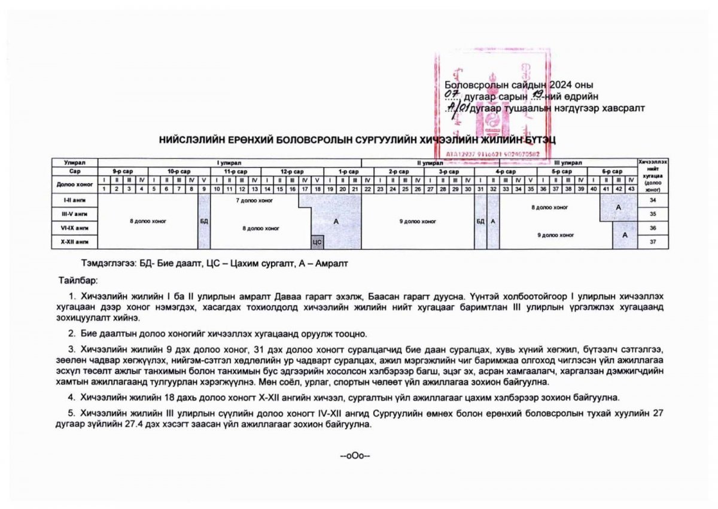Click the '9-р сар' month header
pyautogui.click(x=123, y=171)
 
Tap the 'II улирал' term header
pyautogui.click(x=425, y=163)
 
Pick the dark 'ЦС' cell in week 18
pyautogui.click(x=317, y=242)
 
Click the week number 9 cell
pyautogui.click(x=204, y=189)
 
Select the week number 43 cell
pyautogui.click(x=631, y=189)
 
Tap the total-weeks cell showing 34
pyautogui.click(x=653, y=199)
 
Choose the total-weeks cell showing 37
pyautogui.click(x=653, y=241)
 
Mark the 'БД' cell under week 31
pyautogui.click(x=480, y=221)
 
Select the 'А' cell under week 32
pyautogui.click(x=493, y=221)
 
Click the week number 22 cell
pyautogui.click(x=367, y=189)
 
